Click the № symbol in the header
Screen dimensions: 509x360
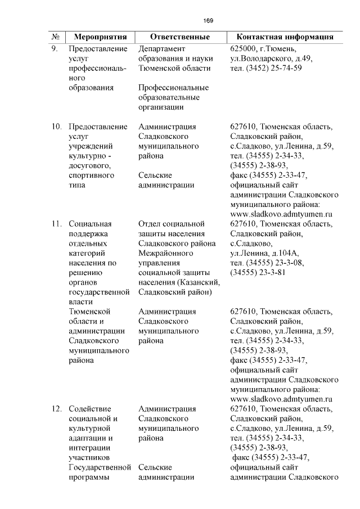tap(56, 37)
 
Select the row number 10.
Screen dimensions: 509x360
tap(56, 126)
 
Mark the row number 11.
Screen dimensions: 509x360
tap(56, 224)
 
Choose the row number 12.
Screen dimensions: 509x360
tap(56, 408)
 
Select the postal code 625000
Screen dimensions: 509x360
tap(243, 48)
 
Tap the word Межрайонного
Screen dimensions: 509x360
tap(166, 253)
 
